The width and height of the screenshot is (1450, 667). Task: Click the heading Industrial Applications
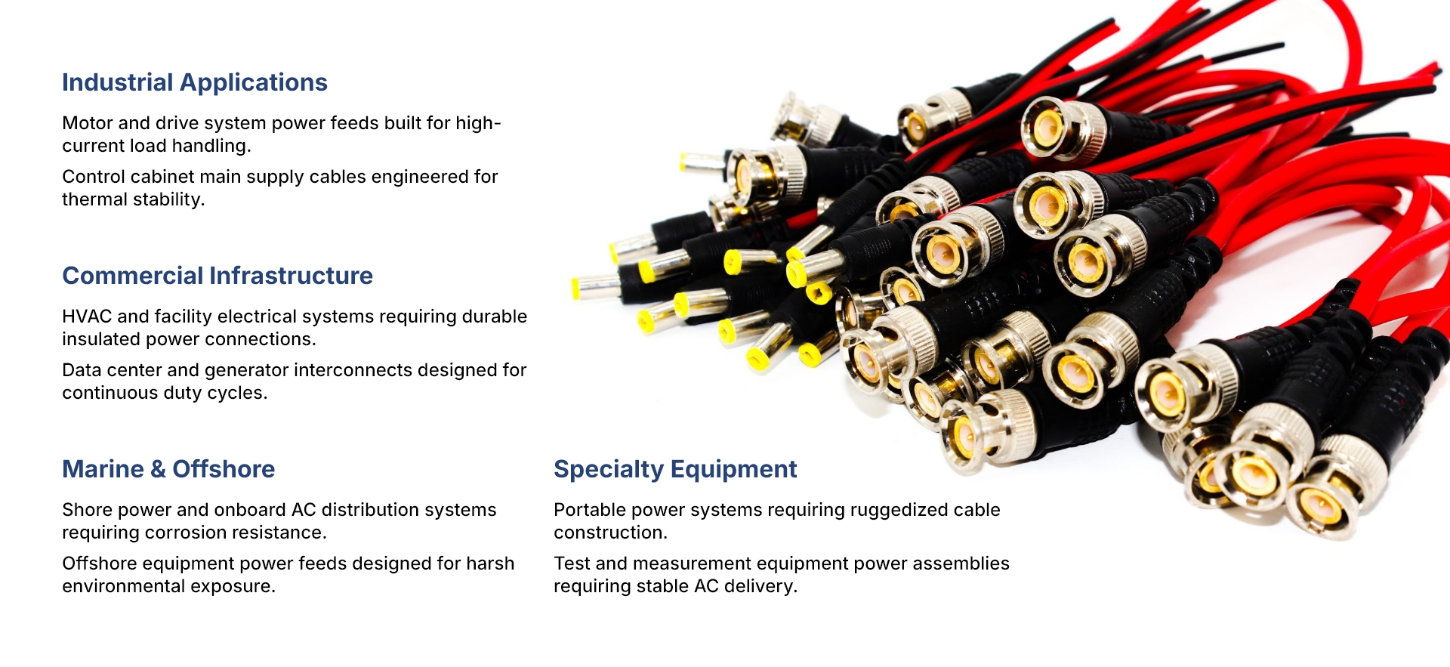[x=195, y=82]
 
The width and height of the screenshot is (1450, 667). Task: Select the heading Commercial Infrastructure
[x=217, y=276]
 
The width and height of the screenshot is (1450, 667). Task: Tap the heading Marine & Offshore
[x=168, y=469]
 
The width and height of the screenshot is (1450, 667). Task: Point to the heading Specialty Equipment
[x=675, y=470]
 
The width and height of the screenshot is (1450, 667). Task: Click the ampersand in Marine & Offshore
[x=158, y=469]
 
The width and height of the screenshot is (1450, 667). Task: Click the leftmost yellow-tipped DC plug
[x=597, y=288]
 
